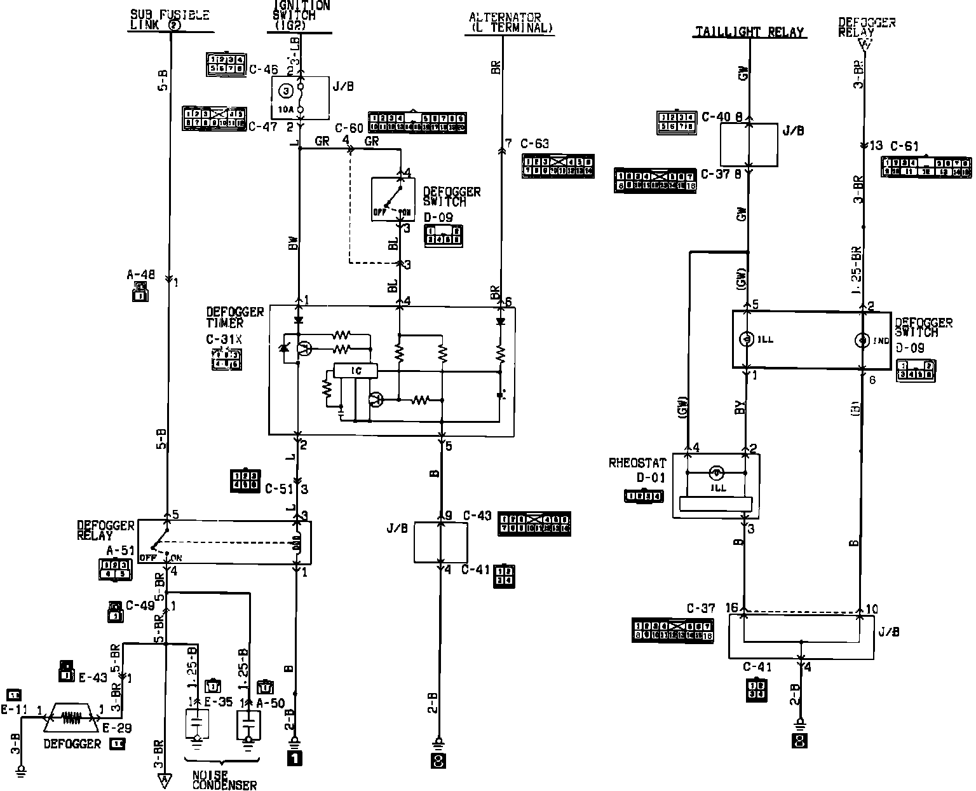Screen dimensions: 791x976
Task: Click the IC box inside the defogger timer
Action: (356, 371)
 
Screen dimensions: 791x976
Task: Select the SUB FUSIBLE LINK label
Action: (170, 20)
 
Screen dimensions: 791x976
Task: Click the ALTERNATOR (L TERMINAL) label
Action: (510, 23)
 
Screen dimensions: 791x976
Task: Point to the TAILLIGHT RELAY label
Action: (749, 32)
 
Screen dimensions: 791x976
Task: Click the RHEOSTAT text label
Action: (637, 463)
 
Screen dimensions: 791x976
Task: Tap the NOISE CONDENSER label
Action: (224, 780)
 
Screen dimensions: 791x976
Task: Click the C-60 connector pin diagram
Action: (417, 122)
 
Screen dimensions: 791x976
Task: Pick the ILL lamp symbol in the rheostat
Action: (717, 472)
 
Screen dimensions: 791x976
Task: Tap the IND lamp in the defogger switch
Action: (862, 340)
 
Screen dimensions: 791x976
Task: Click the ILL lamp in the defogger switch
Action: (747, 339)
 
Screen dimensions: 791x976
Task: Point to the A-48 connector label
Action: (140, 275)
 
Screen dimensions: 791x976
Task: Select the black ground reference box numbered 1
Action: (294, 758)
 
